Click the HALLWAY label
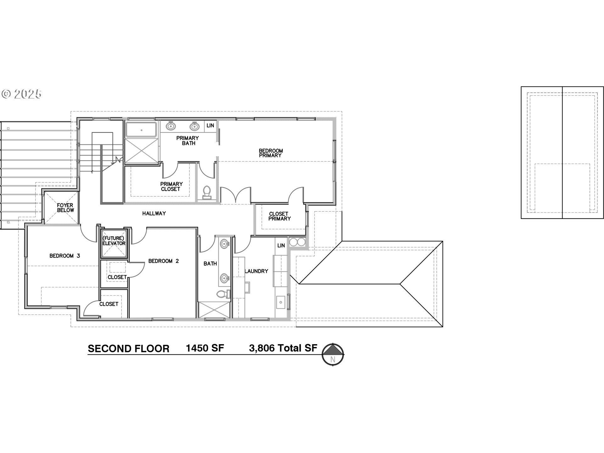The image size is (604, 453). pos(154,213)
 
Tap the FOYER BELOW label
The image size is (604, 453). pos(65,208)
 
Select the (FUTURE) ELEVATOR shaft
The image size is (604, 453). pos(114,241)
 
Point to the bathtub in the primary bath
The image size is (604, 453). pos(141,130)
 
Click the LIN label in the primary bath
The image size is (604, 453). pos(210,126)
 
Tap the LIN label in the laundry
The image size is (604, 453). pos(281,245)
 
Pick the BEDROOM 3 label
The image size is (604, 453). pos(64,256)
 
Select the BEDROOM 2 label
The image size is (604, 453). pos(163,261)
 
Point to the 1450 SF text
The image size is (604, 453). pos(205,348)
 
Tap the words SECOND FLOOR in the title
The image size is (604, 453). pos(128,349)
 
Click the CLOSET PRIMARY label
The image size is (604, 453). pos(279,216)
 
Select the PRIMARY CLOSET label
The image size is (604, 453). pos(171,186)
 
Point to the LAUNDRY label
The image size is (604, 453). pos(256,271)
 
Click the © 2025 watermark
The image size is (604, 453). pos(21,94)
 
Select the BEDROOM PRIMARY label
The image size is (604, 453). pos(271,153)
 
